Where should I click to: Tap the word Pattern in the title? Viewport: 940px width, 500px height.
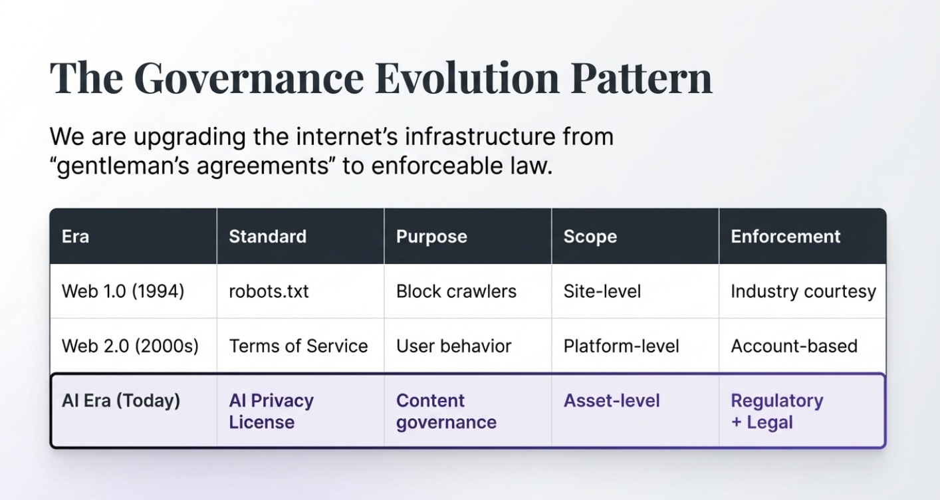coord(641,79)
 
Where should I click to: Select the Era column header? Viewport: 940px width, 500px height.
coord(75,237)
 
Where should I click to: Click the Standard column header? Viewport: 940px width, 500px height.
coord(267,237)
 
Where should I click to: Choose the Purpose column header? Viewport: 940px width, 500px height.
coord(431,237)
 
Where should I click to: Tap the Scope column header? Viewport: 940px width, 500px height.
coord(590,237)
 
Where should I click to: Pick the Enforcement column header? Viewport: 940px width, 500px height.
coord(786,237)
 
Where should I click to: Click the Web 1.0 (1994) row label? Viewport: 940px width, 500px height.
coord(123,291)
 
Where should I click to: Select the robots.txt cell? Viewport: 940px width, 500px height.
coord(269,291)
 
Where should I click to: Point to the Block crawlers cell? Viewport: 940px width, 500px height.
coord(456,291)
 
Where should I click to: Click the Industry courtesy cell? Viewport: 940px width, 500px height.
coord(803,291)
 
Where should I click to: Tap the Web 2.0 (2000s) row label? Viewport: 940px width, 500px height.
coord(130,346)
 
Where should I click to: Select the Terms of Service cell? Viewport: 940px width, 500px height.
coord(298,346)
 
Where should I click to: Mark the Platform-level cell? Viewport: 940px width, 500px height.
coord(621,346)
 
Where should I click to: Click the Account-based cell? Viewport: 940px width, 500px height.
coord(794,346)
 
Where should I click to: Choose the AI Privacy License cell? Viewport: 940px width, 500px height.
coord(271,411)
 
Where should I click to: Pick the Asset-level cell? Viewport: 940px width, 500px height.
coord(612,401)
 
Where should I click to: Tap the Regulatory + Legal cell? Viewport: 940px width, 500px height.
coord(776,411)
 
